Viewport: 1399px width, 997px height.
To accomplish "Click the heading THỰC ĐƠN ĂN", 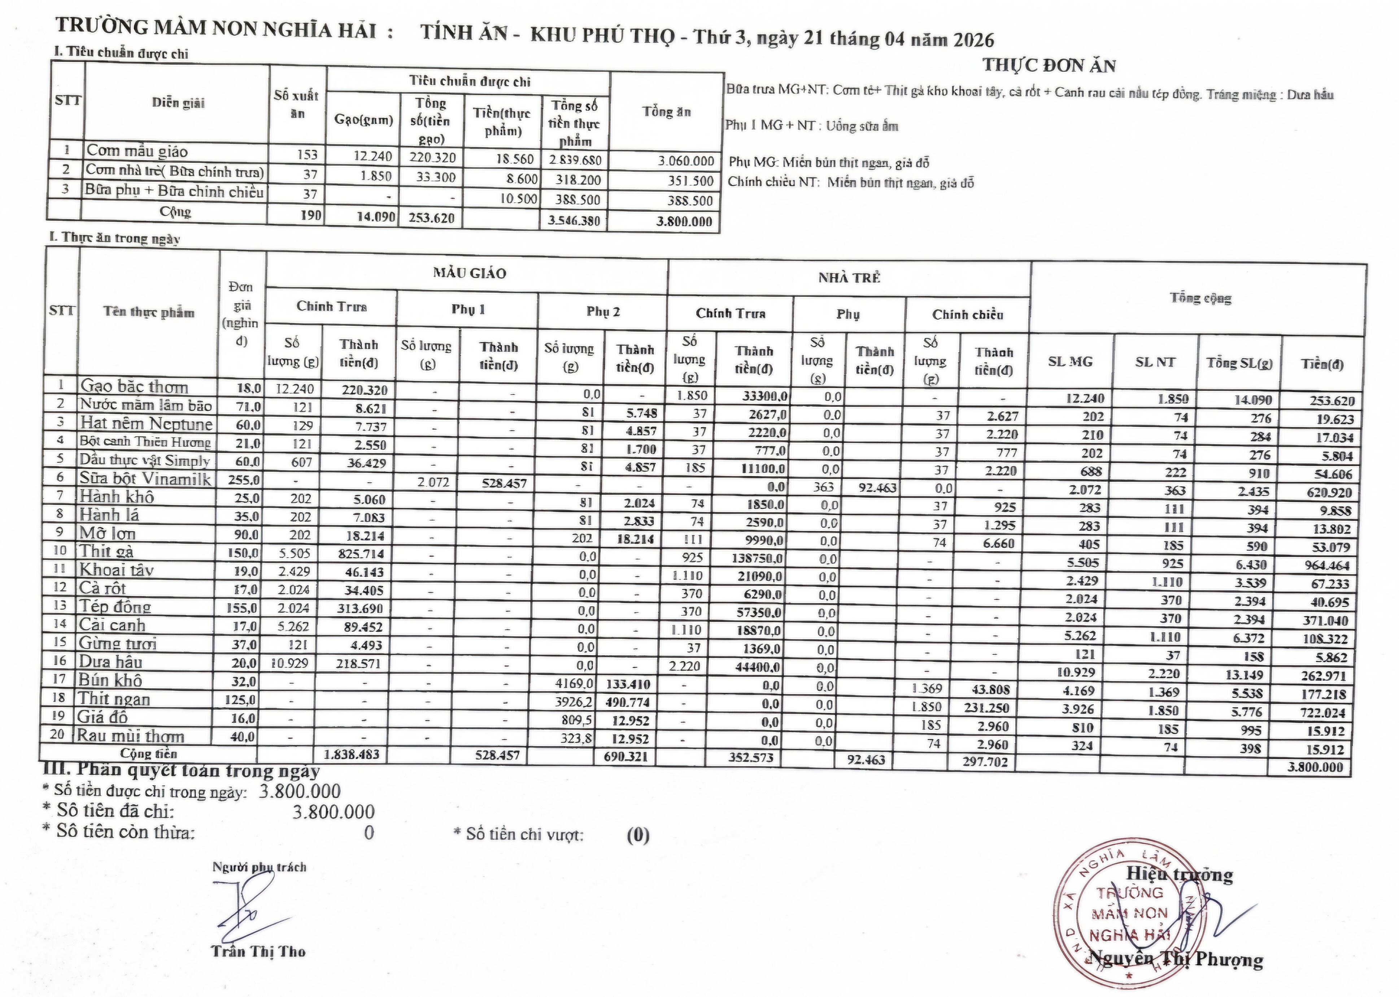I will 1049,65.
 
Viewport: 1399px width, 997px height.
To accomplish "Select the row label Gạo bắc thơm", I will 134,386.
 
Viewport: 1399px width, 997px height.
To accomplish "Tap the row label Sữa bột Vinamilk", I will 145,478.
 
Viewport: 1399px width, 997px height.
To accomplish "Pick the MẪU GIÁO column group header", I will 469,273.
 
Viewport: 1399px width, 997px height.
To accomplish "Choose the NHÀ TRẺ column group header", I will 849,277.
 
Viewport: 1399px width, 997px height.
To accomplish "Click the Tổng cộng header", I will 1200,298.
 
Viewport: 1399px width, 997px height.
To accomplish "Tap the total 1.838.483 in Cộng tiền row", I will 351,755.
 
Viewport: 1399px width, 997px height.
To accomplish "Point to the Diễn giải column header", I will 178,102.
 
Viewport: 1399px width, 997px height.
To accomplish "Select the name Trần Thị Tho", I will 258,952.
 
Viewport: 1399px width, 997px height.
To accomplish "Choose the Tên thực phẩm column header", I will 149,312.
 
